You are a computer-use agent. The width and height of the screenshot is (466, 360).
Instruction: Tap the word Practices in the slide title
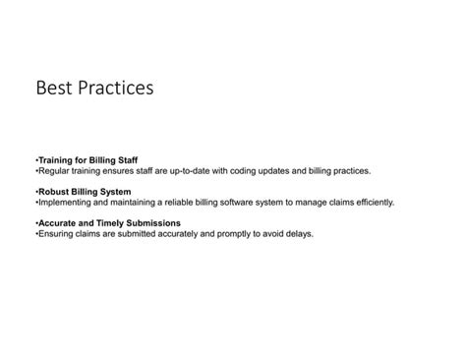click(x=117, y=90)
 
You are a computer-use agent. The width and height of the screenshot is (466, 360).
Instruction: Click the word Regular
click(x=54, y=170)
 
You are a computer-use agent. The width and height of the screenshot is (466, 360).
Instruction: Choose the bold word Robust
click(x=55, y=191)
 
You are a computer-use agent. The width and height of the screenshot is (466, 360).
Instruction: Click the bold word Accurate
click(x=59, y=223)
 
